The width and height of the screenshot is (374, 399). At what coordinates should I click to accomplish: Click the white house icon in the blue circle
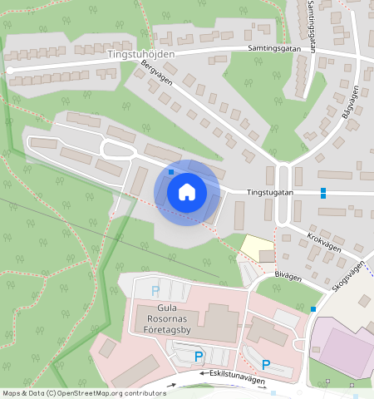click(x=187, y=192)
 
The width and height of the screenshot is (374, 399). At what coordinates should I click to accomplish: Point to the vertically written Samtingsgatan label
click(x=311, y=27)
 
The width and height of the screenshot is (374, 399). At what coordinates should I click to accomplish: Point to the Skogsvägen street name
click(x=347, y=276)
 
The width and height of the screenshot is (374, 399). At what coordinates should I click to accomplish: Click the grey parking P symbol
click(x=155, y=291)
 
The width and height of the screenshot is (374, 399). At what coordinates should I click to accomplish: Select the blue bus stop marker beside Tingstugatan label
click(x=322, y=193)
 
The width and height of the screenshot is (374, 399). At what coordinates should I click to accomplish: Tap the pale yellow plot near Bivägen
click(x=257, y=247)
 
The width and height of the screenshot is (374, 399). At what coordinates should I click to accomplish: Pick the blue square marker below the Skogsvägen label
click(x=313, y=309)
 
